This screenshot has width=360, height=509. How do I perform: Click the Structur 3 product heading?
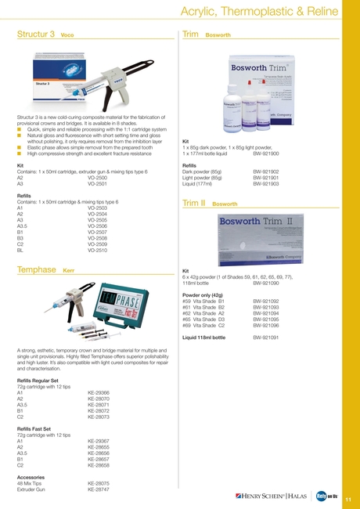[35, 35]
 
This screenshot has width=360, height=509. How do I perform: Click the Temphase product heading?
[36, 269]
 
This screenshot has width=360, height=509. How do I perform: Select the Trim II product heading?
[193, 180]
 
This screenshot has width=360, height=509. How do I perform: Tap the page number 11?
[347, 499]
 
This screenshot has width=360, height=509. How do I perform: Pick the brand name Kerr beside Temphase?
[68, 270]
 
